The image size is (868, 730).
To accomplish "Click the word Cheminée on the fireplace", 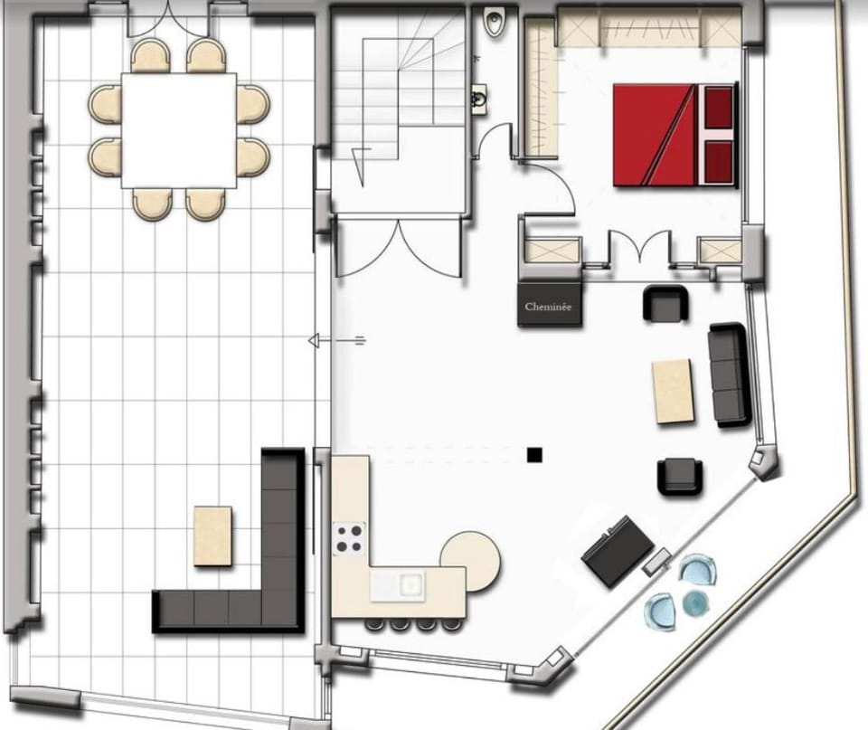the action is pyautogui.click(x=548, y=307).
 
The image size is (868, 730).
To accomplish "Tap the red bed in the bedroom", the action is pyautogui.click(x=675, y=135).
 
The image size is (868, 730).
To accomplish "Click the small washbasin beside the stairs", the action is pyautogui.click(x=479, y=100).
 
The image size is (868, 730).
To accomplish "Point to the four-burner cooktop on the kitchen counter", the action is pyautogui.click(x=349, y=538).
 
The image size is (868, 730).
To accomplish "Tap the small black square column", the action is pyautogui.click(x=534, y=455).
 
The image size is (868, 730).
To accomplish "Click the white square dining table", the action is pyautogui.click(x=179, y=130).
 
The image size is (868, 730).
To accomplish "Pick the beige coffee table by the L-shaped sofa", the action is pyautogui.click(x=213, y=536).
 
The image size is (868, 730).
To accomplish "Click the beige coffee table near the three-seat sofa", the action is pyautogui.click(x=673, y=391).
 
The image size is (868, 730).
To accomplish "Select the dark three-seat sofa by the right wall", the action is pyautogui.click(x=730, y=375).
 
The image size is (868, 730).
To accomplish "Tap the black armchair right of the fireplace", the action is pyautogui.click(x=666, y=303).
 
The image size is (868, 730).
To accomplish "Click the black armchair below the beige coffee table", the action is pyautogui.click(x=680, y=477).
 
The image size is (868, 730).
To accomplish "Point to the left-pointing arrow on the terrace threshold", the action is pyautogui.click(x=336, y=341).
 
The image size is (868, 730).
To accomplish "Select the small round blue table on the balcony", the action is pyautogui.click(x=694, y=602).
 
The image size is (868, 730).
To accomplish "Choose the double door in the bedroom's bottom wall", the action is pyautogui.click(x=640, y=246).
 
